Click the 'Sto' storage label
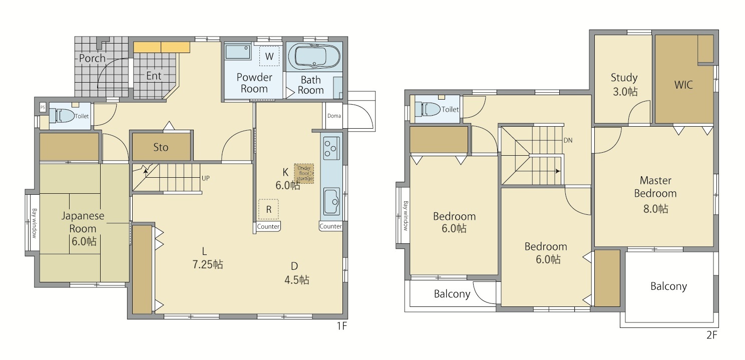(x=161, y=147)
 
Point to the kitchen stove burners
(x=331, y=148)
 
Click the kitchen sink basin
(x=331, y=201)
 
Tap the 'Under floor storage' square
(x=304, y=173)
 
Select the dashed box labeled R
(x=268, y=209)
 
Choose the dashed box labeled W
(x=269, y=56)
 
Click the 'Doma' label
(x=334, y=116)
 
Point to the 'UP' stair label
(x=206, y=178)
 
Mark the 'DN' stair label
(x=568, y=140)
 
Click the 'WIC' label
(x=683, y=85)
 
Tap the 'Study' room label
(x=624, y=78)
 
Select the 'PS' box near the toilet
(x=43, y=108)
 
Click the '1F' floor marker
(x=342, y=326)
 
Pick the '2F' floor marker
(x=712, y=334)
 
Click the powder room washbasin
(x=237, y=52)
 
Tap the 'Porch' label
(x=92, y=58)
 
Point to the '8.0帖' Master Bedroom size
(x=655, y=209)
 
